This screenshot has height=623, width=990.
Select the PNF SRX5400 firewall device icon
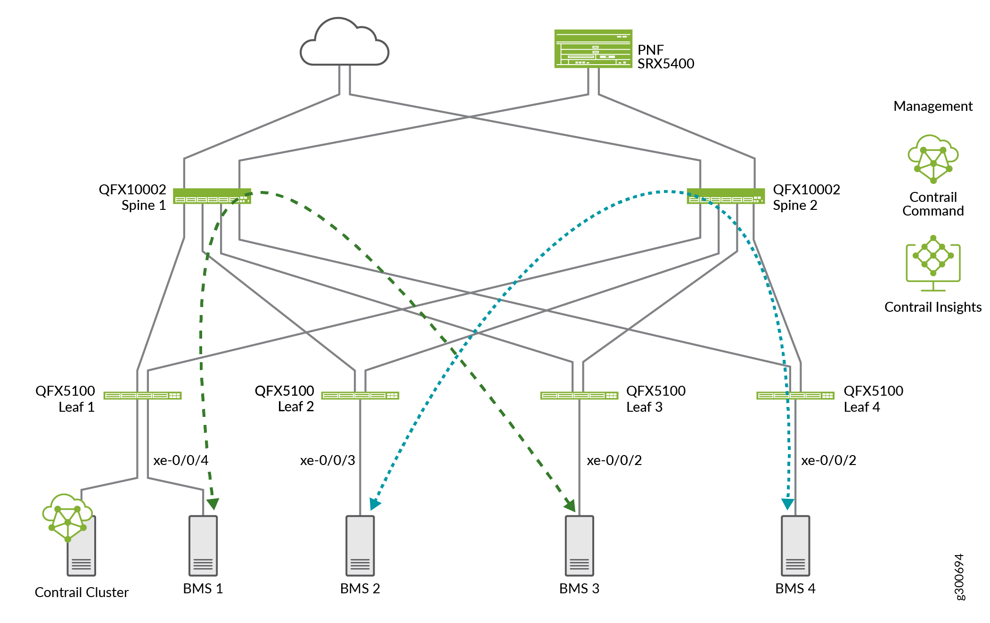pos(593,49)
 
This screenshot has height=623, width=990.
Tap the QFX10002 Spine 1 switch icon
pos(212,196)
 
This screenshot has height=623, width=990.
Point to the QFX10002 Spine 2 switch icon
pos(725,196)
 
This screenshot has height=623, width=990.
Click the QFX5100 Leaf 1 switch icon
pos(142,395)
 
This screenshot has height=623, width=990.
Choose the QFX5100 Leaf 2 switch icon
pos(360,395)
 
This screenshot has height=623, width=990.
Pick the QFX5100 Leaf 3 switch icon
pos(579,395)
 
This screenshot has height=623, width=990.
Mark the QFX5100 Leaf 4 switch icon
pos(795,395)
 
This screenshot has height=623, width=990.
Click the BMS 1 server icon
pos(203,546)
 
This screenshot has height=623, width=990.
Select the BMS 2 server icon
pos(360,546)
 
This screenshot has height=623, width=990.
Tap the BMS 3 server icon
pos(579,546)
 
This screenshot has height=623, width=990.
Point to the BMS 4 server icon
pos(795,546)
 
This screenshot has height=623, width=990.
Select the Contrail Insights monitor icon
pos(933,262)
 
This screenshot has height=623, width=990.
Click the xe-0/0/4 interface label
pos(180,460)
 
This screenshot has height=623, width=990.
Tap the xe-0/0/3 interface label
pos(327,460)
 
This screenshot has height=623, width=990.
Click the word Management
pos(933,106)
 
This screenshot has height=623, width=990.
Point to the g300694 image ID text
pos(959,577)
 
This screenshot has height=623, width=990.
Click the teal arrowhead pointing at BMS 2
pos(375,504)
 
